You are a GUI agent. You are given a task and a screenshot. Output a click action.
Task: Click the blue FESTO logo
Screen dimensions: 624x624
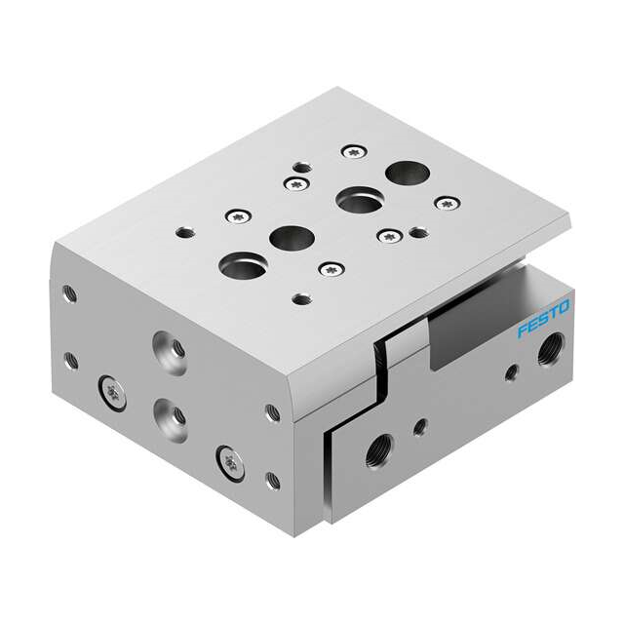pos(543,319)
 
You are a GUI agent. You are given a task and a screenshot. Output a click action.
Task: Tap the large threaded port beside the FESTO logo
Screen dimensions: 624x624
pos(551,349)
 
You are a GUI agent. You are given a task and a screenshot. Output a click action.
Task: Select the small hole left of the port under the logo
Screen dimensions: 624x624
pos(512,372)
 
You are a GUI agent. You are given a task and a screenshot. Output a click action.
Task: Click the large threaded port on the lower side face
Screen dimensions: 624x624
pos(379,450)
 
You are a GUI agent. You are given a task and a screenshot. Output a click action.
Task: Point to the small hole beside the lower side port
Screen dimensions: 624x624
pos(420,427)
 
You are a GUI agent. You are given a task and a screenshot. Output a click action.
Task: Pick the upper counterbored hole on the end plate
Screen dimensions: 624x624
pos(170,353)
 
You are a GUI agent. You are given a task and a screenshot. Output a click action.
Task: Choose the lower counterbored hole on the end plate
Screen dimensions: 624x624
pos(171,420)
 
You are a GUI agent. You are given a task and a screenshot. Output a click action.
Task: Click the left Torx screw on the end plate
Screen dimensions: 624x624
pos(113,393)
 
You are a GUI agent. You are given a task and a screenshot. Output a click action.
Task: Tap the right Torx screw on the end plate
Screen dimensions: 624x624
pos(230,464)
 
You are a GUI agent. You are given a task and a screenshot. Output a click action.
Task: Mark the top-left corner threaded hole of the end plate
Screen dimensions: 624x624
pos(70,294)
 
